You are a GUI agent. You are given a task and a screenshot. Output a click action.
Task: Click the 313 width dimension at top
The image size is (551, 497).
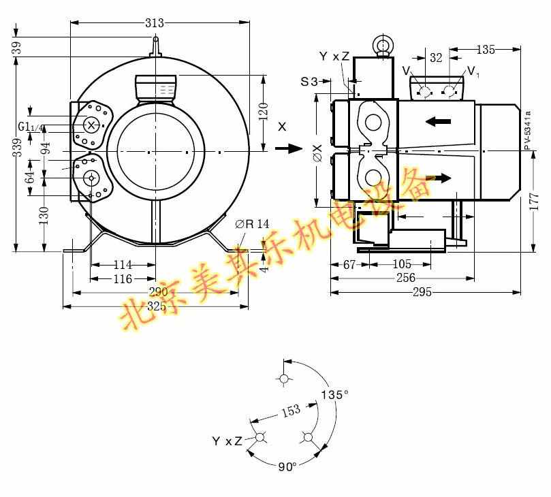coord(155,23)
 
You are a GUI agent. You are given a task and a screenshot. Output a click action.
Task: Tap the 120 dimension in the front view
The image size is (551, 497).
coord(264,109)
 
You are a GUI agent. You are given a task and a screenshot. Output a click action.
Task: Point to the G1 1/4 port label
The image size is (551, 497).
coord(31,126)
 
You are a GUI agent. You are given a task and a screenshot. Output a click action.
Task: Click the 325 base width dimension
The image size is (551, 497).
coord(157,306)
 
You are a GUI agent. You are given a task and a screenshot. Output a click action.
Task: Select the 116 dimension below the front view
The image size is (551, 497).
coord(123,279)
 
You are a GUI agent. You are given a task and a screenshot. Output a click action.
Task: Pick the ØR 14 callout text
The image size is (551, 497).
coord(252,224)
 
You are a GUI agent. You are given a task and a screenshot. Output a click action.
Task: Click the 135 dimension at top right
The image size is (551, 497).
coord(486,49)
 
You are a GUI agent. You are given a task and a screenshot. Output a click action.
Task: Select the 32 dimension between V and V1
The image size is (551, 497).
coord(436,59)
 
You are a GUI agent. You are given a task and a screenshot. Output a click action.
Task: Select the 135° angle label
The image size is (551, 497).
coord(334,394)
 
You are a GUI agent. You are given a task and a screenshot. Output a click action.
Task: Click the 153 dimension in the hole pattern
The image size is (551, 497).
coord(290,411)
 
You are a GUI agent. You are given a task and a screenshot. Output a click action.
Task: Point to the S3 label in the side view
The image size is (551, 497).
coord(309,82)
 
